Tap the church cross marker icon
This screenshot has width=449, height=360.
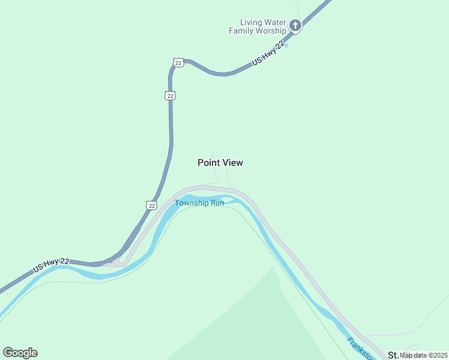pyautogui.click(x=295, y=25)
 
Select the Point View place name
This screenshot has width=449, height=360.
pyautogui.click(x=220, y=163)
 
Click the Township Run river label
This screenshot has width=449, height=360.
pyautogui.click(x=199, y=203)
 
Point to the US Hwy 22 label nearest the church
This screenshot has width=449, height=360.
pyautogui.click(x=268, y=53)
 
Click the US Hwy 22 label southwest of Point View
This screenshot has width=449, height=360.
pyautogui.click(x=51, y=266)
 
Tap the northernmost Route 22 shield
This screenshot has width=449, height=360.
pyautogui.click(x=178, y=62)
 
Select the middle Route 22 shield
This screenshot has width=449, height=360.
pyautogui.click(x=171, y=95)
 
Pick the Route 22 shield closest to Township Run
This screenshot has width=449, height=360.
pyautogui.click(x=151, y=205)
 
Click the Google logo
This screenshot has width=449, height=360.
pyautogui.click(x=20, y=353)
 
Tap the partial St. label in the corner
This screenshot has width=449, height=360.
pyautogui.click(x=394, y=355)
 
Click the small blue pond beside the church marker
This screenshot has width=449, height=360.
pyautogui.click(x=286, y=45)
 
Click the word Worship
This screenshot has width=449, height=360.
pyautogui.click(x=272, y=30)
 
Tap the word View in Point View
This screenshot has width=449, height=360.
pyautogui.click(x=233, y=163)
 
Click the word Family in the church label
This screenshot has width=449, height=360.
pyautogui.click(x=243, y=30)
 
